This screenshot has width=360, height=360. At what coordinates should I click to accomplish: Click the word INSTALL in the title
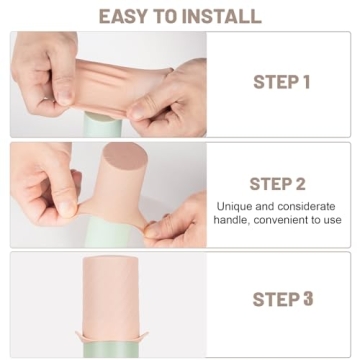click(x=226, y=16)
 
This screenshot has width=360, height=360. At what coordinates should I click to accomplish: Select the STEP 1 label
click(x=279, y=82)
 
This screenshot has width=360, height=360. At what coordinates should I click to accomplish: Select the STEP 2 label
click(x=279, y=184)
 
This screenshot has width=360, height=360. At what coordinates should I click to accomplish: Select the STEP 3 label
click(x=282, y=299)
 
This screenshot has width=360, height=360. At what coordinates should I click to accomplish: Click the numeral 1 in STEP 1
click(x=305, y=82)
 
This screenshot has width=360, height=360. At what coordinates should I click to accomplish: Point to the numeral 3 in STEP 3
click(x=308, y=299)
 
